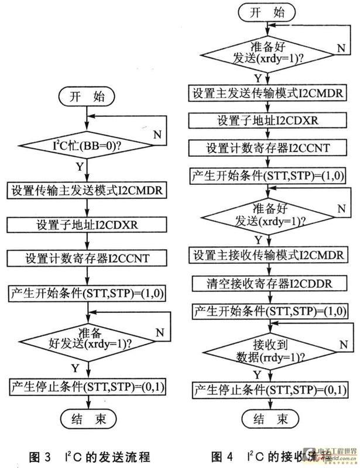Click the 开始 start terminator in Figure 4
pyautogui.click(x=266, y=14)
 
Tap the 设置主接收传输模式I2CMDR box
pyautogui.click(x=266, y=256)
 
